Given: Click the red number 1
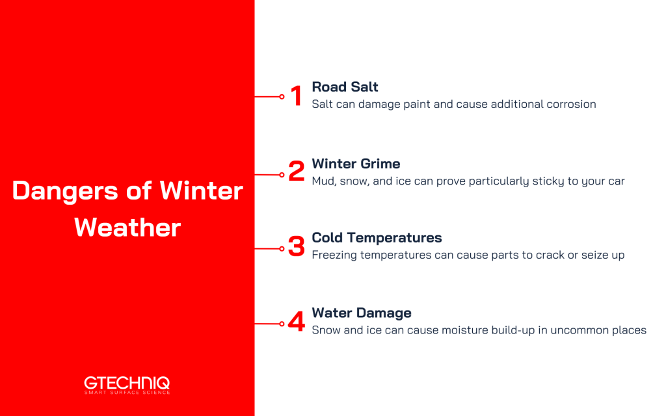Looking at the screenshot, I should coord(296,96).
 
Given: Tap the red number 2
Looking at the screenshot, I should coord(296,172).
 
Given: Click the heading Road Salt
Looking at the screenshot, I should coord(345,87).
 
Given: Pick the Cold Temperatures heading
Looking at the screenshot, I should coord(377,238).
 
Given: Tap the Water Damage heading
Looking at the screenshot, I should coord(362,313).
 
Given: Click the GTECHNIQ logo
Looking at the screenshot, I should coord(127,383).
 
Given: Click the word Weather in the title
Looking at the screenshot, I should coord(127,227).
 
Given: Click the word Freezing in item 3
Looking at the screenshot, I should coord(336,255).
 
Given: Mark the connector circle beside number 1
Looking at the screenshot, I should coord(282,97).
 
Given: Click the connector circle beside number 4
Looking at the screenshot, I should coord(282,324).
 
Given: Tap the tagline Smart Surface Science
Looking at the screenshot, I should coord(127,393).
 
